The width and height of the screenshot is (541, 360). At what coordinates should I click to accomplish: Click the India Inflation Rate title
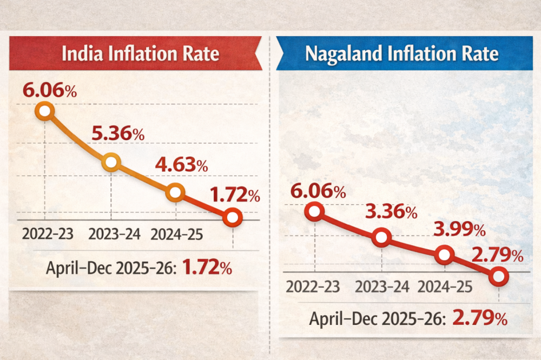click(x=140, y=54)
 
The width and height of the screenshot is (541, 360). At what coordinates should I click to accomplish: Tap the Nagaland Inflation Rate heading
click(x=401, y=54)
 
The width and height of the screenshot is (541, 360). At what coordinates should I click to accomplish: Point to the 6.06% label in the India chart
click(x=49, y=90)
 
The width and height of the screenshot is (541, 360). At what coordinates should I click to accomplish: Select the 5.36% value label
click(x=117, y=133)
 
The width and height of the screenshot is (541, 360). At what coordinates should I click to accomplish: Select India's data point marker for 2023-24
click(x=111, y=162)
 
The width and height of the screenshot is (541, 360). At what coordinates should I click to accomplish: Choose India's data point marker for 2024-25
click(x=176, y=192)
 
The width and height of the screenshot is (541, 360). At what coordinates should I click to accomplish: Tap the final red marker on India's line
click(x=232, y=217)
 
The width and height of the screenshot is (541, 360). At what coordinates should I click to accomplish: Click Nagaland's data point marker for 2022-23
click(x=314, y=212)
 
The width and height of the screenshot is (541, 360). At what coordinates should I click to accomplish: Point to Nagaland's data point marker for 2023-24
click(x=381, y=237)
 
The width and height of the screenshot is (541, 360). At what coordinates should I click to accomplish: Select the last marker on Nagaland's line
click(x=499, y=276)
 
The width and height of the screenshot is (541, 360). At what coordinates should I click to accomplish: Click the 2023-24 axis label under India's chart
click(x=114, y=235)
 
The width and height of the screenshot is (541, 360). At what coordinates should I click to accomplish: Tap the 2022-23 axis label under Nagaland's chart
click(x=314, y=286)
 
